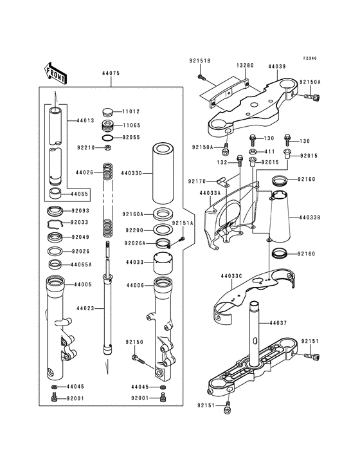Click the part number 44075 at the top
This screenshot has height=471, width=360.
111,74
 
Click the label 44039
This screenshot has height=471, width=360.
278,66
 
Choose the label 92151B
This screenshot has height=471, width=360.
200,60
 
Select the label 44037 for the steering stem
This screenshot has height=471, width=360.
278,322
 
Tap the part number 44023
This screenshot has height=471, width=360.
86,308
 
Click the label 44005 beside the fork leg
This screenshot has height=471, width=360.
82,284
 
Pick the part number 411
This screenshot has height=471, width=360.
270,151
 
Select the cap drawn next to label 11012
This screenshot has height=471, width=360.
109,112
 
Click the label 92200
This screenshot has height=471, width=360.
134,229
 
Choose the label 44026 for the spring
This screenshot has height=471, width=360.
85,172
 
